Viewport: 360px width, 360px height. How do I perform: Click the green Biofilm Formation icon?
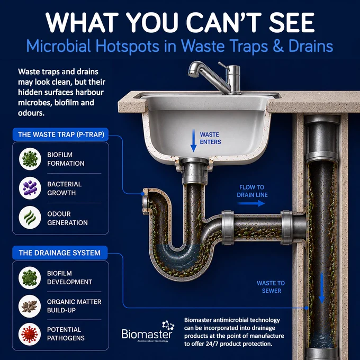(30, 159)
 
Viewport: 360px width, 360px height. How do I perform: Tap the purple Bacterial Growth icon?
(30, 188)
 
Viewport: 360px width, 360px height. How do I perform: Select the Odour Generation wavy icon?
(30, 218)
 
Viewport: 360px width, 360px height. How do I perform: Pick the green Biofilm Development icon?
(30, 278)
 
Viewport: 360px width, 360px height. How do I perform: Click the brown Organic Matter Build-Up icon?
(30, 307)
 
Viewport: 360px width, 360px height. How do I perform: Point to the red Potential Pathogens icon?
(30, 334)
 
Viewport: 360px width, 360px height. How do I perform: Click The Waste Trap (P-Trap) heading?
(60, 134)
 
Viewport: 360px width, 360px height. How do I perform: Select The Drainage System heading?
(60, 253)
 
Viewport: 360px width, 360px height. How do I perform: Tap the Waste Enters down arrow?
(194, 140)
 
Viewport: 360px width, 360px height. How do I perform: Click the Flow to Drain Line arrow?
(251, 203)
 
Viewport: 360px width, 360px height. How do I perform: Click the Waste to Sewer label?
(271, 287)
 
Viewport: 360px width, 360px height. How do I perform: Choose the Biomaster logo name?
(147, 334)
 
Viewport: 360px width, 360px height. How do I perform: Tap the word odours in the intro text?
(31, 113)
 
